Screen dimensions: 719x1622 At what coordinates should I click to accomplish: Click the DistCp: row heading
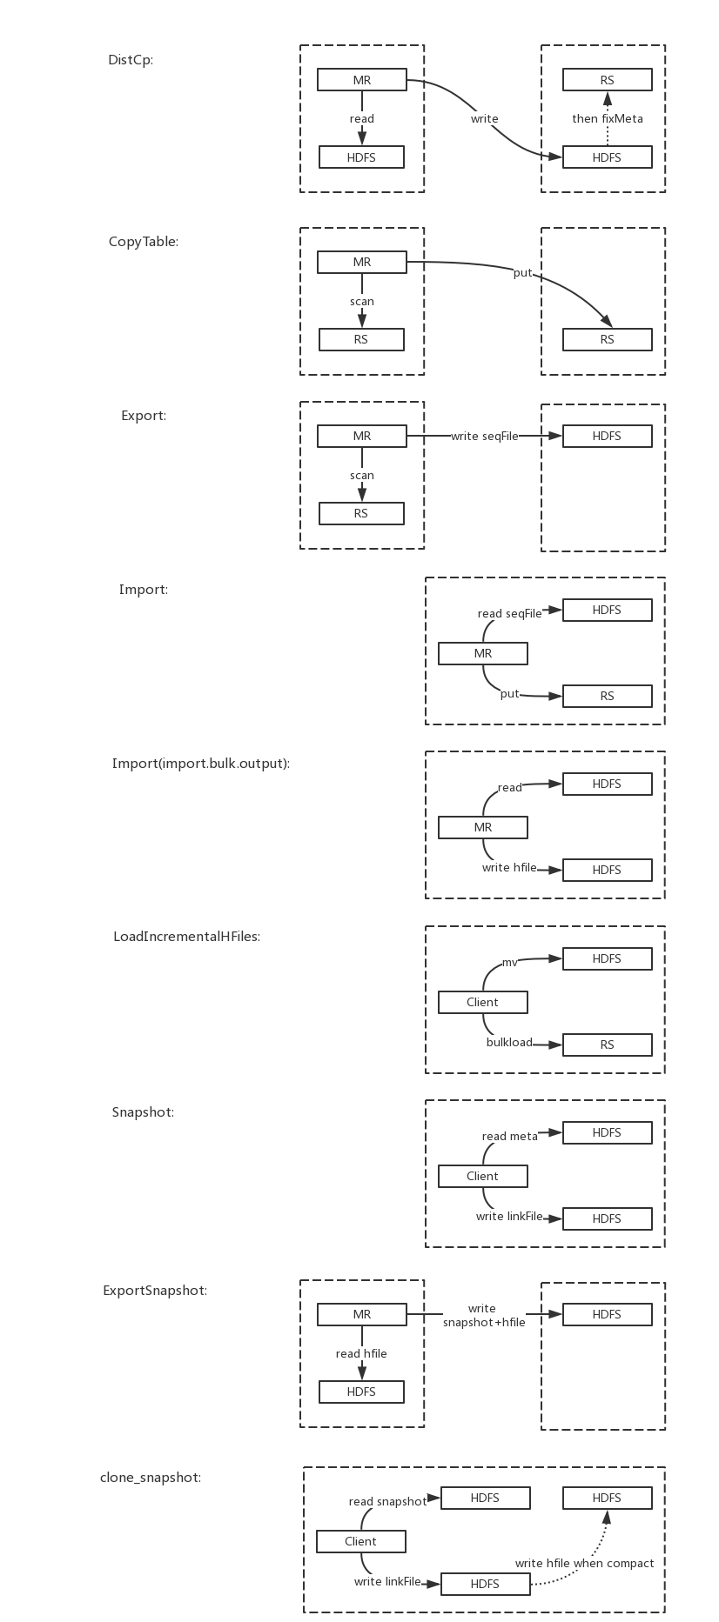(x=131, y=60)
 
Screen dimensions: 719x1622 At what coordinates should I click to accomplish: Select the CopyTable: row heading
(x=144, y=242)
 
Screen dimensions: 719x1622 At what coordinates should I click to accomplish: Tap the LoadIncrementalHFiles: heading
(x=187, y=937)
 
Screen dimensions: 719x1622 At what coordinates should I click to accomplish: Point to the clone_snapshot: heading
(x=151, y=1478)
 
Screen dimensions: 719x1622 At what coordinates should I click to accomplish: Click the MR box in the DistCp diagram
(x=362, y=80)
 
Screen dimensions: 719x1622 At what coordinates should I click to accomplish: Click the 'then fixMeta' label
(x=608, y=118)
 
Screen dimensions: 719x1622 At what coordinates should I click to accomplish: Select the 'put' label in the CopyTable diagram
(x=522, y=273)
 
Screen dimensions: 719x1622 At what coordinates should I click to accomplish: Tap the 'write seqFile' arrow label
(x=485, y=436)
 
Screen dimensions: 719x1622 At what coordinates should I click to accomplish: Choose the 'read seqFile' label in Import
(x=509, y=613)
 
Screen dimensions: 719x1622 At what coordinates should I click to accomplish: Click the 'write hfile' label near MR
(x=509, y=867)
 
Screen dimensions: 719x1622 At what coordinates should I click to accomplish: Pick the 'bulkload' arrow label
(x=509, y=1042)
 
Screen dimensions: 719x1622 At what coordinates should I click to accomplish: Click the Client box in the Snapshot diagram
(x=483, y=1176)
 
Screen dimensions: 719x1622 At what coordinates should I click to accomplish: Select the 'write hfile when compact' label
(x=584, y=1563)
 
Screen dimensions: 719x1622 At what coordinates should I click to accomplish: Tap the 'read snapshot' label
(x=388, y=1501)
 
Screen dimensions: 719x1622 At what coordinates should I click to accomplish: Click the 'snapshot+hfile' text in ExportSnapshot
(x=484, y=1322)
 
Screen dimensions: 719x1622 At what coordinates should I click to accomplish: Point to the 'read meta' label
(x=510, y=1136)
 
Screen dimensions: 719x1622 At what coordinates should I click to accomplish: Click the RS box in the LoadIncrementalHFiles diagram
(x=608, y=1045)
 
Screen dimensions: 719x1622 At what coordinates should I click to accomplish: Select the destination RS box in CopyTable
(x=608, y=339)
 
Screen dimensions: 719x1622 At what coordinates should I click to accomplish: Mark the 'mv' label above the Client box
(x=510, y=963)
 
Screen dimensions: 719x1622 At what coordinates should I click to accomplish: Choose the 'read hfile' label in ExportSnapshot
(x=361, y=1353)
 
